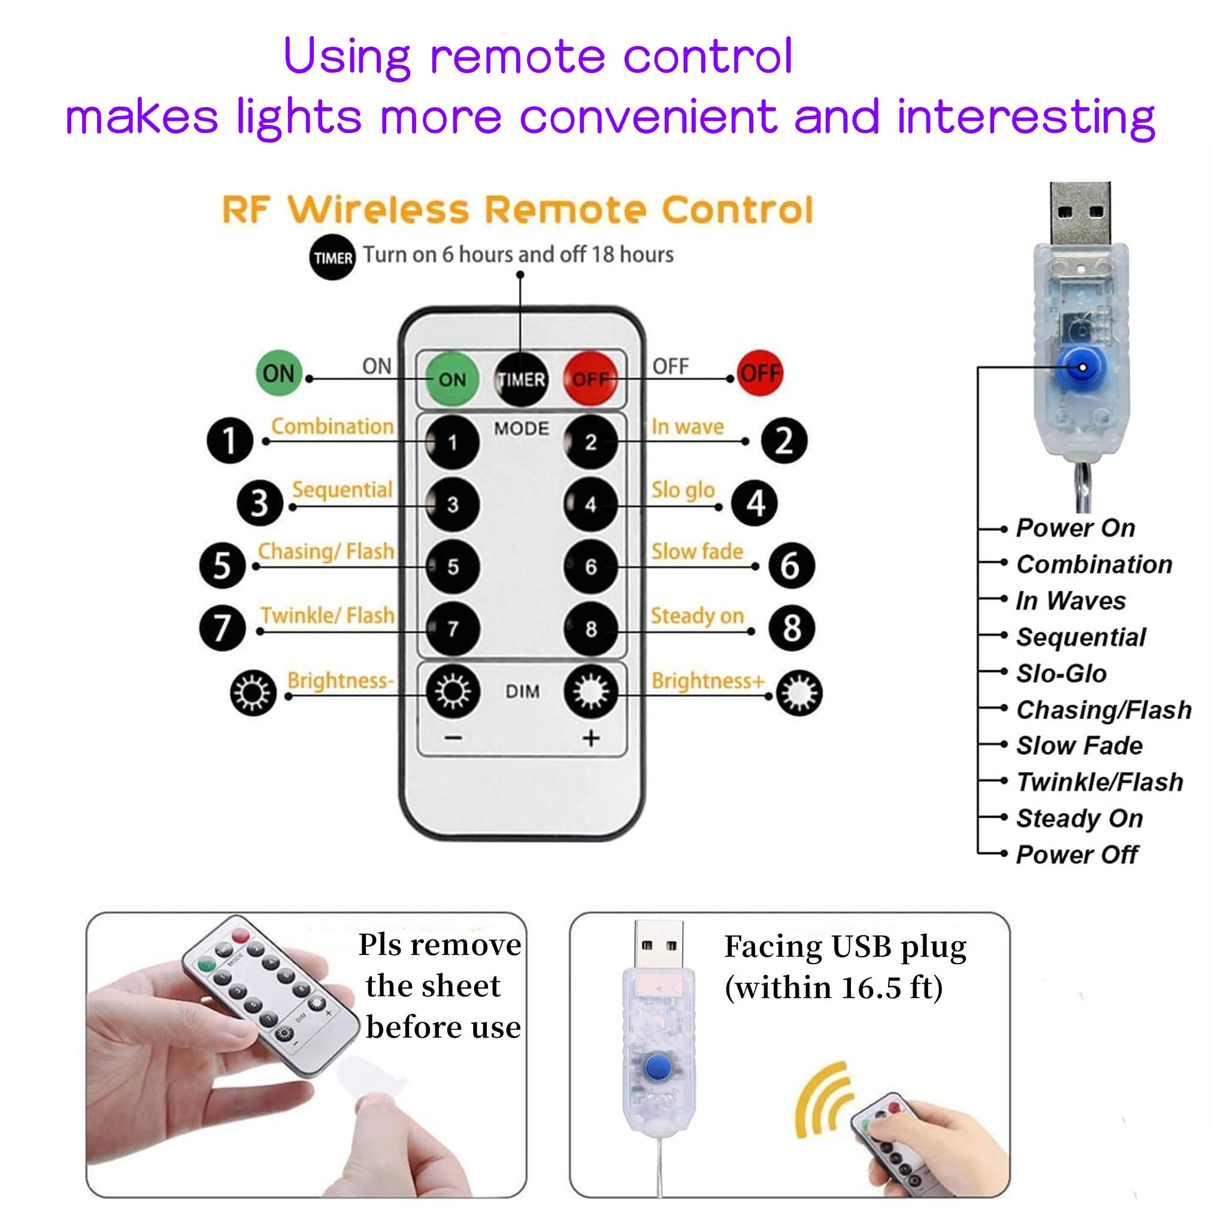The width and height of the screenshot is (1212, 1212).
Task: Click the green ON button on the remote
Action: [452, 379]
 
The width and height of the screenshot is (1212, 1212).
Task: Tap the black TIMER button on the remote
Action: [521, 379]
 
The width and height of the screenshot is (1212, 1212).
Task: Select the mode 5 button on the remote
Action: [452, 567]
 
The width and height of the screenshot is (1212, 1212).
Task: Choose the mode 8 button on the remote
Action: [590, 629]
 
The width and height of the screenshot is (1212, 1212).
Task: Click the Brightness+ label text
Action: [708, 681]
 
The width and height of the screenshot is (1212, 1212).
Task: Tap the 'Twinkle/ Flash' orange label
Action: [328, 616]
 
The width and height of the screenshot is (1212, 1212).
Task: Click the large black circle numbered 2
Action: [784, 441]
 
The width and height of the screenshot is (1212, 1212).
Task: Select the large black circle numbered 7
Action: [222, 628]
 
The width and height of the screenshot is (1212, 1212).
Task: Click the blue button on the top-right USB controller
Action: [1081, 367]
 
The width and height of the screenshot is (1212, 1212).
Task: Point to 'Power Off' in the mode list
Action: [1077, 855]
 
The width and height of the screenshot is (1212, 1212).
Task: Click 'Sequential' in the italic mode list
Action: [1081, 637]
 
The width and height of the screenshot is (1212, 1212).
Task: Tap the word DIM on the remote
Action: [522, 691]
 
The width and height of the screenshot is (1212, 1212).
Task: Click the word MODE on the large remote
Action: [522, 429]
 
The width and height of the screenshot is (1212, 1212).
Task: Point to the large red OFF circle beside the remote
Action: [760, 373]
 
